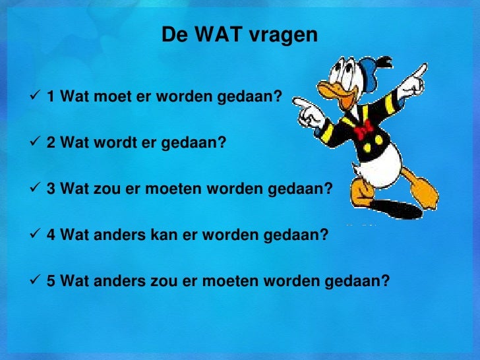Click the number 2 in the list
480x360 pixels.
[51, 144]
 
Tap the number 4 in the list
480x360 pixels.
[51, 235]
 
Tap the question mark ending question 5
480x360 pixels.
[386, 282]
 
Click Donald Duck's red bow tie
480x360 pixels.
[363, 131]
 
